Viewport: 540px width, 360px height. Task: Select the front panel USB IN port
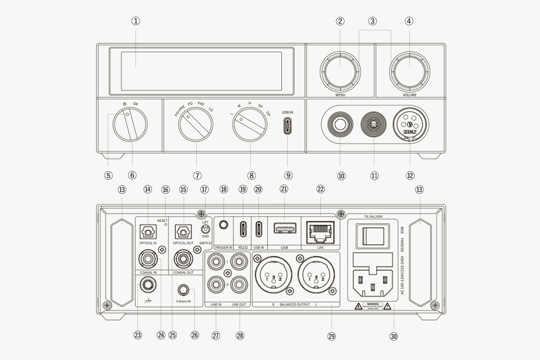[288, 126]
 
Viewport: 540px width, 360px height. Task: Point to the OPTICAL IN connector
[147, 232]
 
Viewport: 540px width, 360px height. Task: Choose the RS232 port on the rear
[243, 229]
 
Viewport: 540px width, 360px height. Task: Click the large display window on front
[201, 71]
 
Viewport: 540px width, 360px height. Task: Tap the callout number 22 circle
[320, 189]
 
